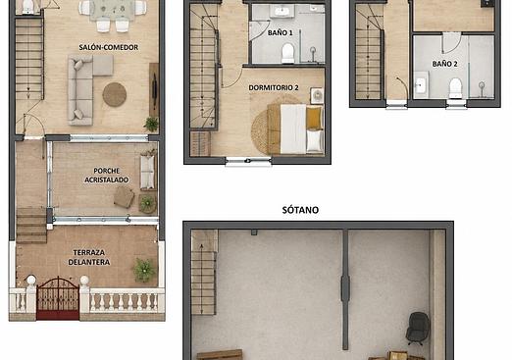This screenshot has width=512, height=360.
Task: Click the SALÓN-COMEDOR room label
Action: [x=109, y=47]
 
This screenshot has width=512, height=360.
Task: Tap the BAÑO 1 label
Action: [x=281, y=32]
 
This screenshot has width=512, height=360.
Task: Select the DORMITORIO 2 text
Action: [x=274, y=87]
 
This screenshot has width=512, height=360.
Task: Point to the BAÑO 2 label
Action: [x=444, y=64]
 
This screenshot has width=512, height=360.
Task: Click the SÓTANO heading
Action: [x=300, y=210]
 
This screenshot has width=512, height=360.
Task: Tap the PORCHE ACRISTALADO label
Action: [x=106, y=176]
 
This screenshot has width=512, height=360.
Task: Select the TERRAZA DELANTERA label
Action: [x=89, y=257]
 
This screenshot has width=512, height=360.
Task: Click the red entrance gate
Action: [x=58, y=298]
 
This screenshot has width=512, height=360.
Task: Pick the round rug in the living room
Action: [x=115, y=94]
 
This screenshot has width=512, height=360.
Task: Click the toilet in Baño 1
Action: [x=287, y=53]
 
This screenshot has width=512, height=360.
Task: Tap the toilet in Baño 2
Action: [x=455, y=87]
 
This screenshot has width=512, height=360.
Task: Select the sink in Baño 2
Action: [x=421, y=84]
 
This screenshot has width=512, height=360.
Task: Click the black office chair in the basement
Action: [x=418, y=329]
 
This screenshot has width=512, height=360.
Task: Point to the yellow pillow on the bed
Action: [x=314, y=118]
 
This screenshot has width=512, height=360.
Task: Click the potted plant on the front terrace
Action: [x=144, y=270]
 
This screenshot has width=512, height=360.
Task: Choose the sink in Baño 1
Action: [x=282, y=11]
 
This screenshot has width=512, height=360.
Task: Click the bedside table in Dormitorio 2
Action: [x=317, y=95]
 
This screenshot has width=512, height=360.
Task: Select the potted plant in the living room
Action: [x=151, y=125]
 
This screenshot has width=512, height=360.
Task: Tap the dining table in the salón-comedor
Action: [x=113, y=10]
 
